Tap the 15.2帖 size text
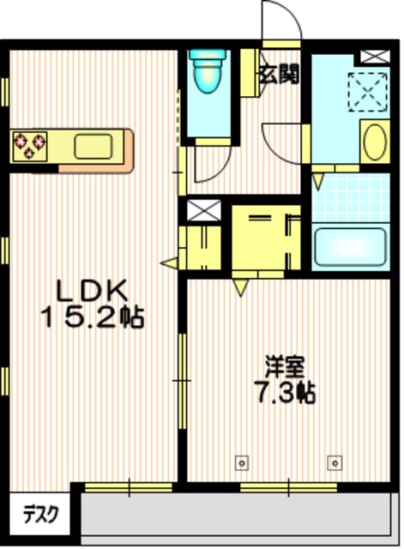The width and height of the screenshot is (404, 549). click(92, 318)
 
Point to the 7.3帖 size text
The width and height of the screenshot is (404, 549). click(284, 395)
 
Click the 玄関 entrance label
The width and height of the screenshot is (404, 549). click(279, 75)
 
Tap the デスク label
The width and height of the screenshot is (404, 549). click(40, 516)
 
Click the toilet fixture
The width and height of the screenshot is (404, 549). click(207, 74)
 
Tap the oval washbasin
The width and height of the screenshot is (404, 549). click(373, 142)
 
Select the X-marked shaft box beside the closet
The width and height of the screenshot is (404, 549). click(203, 209)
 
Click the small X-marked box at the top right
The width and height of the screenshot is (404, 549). click(374, 57)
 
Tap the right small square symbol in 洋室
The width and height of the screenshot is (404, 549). click(333, 462)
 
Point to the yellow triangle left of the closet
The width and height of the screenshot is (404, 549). click(168, 262)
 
